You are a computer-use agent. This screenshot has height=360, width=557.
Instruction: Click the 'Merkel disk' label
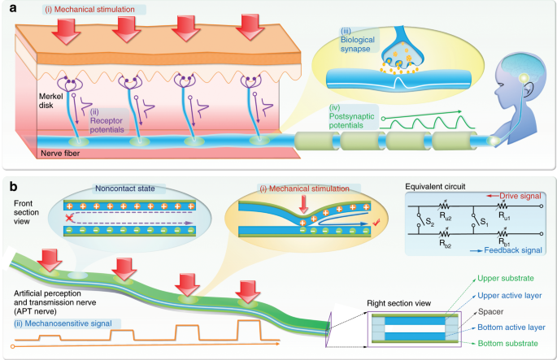click(50, 101)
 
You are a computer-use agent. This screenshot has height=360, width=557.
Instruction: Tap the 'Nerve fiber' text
click(60, 154)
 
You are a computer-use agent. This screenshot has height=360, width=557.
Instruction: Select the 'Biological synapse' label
click(357, 40)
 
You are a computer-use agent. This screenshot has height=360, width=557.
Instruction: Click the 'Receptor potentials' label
click(107, 121)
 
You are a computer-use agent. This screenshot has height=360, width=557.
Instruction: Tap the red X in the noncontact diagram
click(69, 218)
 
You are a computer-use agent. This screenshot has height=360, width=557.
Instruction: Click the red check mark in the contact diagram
click(377, 222)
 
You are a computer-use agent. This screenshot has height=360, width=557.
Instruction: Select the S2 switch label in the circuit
click(430, 223)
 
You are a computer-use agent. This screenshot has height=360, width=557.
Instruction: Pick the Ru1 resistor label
click(504, 215)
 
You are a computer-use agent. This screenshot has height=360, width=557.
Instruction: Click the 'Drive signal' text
click(520, 196)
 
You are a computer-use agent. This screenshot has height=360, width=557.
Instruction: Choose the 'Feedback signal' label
click(513, 250)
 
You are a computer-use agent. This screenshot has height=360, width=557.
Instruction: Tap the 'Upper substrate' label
click(506, 279)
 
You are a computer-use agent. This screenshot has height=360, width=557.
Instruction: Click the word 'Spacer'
click(490, 312)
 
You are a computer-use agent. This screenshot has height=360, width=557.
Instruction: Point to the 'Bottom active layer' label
click(511, 327)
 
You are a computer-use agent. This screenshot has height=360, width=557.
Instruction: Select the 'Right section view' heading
click(398, 303)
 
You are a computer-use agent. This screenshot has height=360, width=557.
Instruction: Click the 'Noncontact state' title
click(124, 189)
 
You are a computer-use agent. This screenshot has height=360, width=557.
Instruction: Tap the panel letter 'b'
click(14, 187)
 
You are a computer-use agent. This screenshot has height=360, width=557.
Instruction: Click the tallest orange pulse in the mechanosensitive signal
click(249, 330)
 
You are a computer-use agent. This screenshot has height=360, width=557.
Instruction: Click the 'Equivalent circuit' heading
click(435, 187)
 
